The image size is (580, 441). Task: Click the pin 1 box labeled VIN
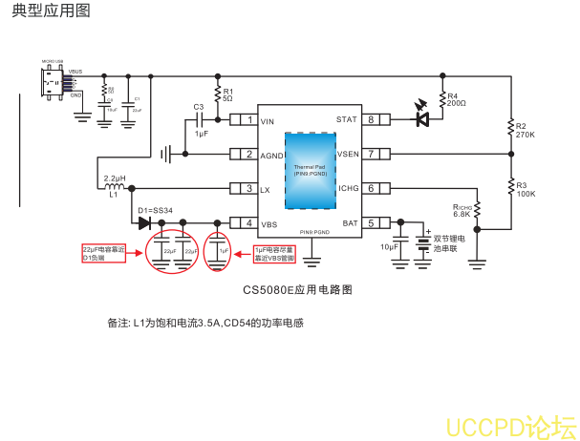[250, 120]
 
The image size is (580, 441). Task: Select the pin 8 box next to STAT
[371, 120]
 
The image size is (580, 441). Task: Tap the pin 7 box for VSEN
[371, 154]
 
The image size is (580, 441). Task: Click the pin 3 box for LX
[250, 189]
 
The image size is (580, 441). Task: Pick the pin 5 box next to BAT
[371, 223]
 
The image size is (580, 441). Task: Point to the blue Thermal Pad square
[310, 170]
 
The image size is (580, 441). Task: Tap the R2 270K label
[525, 131]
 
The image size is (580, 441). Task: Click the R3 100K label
[525, 189]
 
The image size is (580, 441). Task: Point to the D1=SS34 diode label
[155, 210]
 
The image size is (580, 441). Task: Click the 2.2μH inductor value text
[115, 178]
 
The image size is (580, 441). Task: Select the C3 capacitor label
[199, 107]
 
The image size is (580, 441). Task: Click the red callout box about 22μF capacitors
[104, 253]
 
